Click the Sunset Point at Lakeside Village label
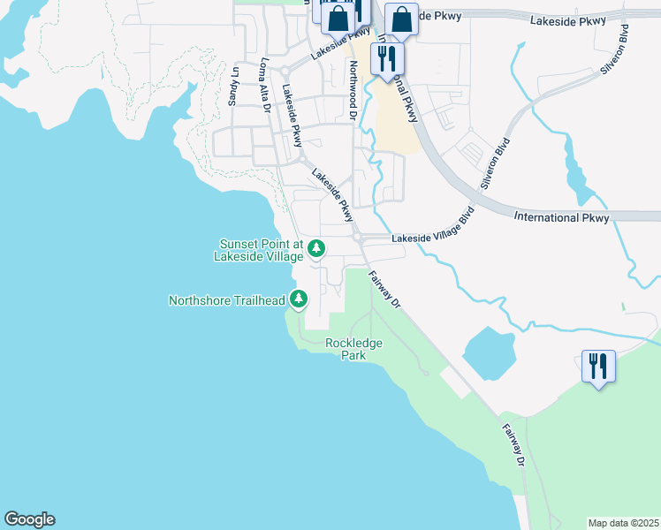(x=261, y=250)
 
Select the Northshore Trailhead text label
(x=227, y=300)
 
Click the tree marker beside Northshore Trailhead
(x=299, y=300)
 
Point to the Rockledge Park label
(x=353, y=349)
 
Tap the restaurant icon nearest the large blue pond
(x=598, y=364)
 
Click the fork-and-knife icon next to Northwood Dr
(x=387, y=57)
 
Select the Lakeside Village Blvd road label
(x=434, y=227)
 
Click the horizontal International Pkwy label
(x=561, y=217)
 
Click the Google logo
(x=29, y=519)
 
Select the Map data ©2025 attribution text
(x=622, y=523)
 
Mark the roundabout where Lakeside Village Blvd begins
(x=358, y=237)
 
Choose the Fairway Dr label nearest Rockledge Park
(x=386, y=289)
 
